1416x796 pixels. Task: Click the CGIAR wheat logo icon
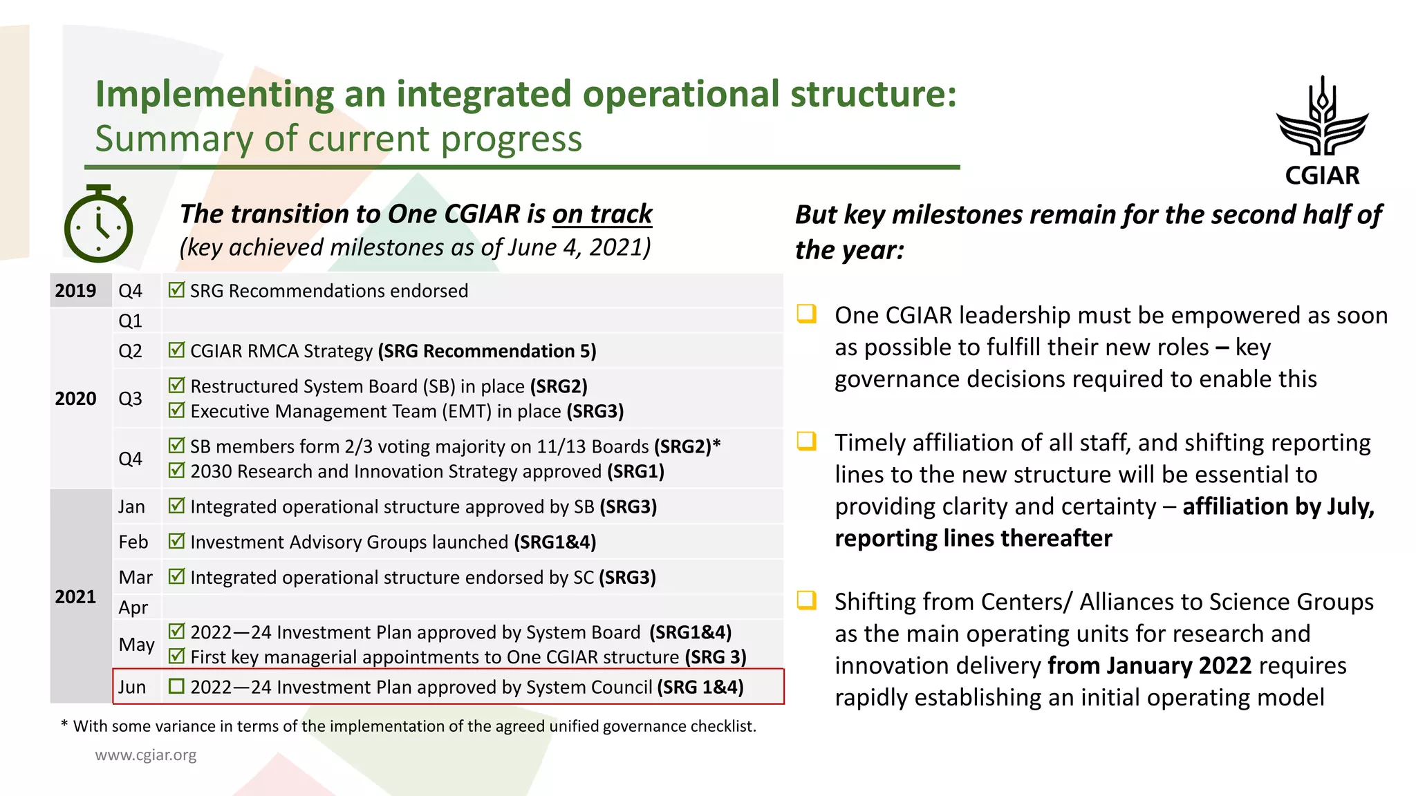click(1322, 117)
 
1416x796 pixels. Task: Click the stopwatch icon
click(98, 225)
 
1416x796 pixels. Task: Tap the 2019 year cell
click(76, 291)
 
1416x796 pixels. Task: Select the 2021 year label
click(76, 596)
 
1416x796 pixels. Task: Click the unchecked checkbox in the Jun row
click(177, 686)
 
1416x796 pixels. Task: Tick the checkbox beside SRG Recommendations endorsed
click(177, 290)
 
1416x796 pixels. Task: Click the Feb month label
click(133, 542)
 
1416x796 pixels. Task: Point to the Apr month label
click(133, 607)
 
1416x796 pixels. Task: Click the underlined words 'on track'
click(602, 214)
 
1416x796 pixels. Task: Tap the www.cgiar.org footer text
click(146, 755)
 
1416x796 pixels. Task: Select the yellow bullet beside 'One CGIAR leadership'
click(806, 314)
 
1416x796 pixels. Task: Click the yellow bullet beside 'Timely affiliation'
click(806, 441)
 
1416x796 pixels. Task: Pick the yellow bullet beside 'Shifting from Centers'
click(806, 600)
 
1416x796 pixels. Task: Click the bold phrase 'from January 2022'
click(1149, 665)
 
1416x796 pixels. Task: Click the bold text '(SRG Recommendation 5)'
click(487, 351)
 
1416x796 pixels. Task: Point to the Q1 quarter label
click(130, 321)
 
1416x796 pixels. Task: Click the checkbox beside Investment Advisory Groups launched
click(177, 541)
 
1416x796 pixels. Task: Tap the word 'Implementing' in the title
click(214, 95)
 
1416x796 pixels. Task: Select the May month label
click(136, 644)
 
